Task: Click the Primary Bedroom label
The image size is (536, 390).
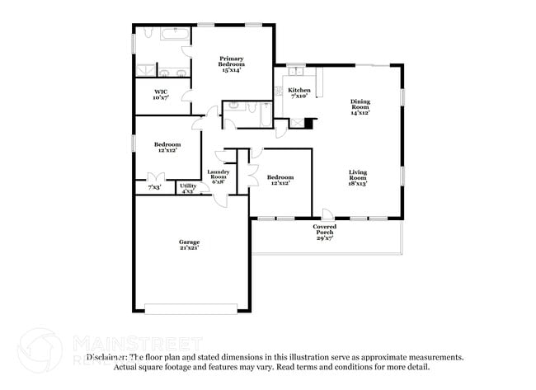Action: coord(231,61)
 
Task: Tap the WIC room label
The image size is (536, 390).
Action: coord(161,92)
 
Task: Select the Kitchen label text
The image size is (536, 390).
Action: coord(299,90)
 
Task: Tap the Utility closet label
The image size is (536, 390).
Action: coord(187,186)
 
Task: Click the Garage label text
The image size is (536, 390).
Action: coord(189,242)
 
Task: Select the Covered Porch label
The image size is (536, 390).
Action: coord(324,228)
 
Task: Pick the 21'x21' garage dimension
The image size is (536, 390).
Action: coord(189,247)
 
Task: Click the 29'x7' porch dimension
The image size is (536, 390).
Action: coord(324,238)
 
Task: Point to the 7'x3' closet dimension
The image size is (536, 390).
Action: coord(154,188)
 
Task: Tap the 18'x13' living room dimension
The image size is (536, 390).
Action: coord(357,184)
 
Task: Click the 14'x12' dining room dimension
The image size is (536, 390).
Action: coord(360,113)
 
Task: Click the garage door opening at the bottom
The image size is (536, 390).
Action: coord(189,310)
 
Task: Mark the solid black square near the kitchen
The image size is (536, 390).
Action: coord(309,124)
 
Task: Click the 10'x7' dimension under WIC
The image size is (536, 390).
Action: coord(161,97)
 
